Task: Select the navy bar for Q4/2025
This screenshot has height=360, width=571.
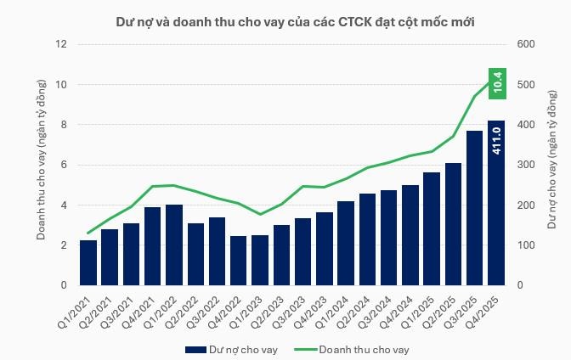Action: [x=496, y=204]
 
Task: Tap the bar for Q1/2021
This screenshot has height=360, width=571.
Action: [x=88, y=262]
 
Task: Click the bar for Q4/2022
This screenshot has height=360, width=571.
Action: [x=239, y=261]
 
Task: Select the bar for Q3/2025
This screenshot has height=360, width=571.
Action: [x=475, y=208]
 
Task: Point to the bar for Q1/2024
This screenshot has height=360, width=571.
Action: [x=346, y=243]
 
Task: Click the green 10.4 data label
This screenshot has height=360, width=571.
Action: [x=497, y=82]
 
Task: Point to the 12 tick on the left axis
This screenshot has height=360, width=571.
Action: [x=61, y=44]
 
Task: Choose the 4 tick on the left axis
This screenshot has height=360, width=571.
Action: [x=63, y=205]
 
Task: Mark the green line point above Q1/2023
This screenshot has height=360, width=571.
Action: [x=260, y=214]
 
